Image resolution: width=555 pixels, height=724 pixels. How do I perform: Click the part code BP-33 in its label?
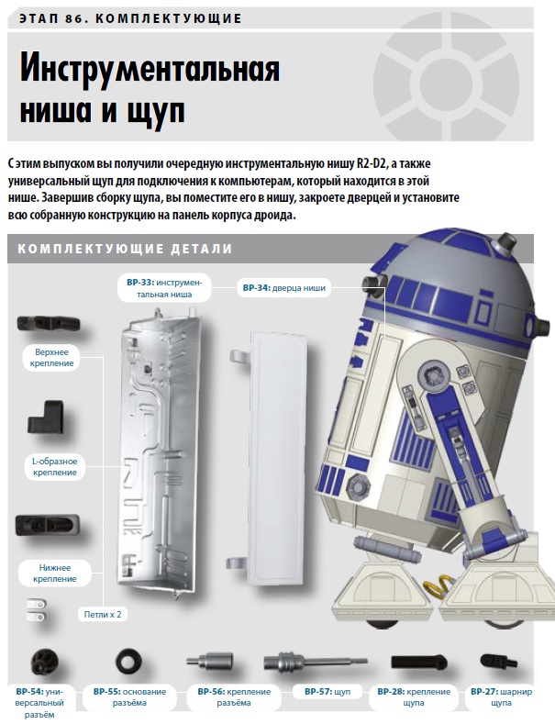point(140,283)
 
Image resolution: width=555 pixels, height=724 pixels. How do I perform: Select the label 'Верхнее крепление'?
point(51,358)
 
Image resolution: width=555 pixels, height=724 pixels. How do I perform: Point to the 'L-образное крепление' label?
point(54,467)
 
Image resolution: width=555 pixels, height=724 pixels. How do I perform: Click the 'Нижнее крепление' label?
point(54,574)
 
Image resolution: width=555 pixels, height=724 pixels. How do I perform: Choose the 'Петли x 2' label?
point(103,615)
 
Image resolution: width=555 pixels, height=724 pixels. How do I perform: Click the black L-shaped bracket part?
point(45,417)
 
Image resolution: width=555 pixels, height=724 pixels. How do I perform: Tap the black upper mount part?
point(49,324)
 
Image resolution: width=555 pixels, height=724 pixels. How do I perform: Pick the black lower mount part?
point(47,526)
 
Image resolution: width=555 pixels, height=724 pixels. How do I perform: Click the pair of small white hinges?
point(36,610)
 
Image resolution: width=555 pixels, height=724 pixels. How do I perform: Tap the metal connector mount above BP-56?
point(210,662)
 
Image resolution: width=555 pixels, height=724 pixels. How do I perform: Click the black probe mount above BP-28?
point(419,663)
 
